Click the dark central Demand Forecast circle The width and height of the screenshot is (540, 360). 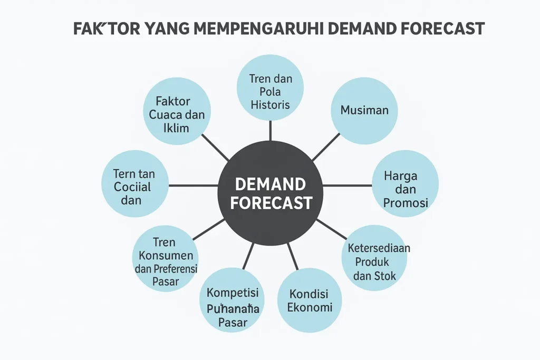click(271, 193)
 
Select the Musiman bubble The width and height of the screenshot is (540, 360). click(364, 111)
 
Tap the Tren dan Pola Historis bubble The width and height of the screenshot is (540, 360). click(270, 87)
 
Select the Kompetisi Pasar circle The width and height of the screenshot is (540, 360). click(233, 300)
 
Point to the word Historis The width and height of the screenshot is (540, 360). click(270, 104)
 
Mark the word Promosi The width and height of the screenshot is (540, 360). click(405, 203)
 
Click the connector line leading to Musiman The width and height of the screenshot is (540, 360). click(326, 147)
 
